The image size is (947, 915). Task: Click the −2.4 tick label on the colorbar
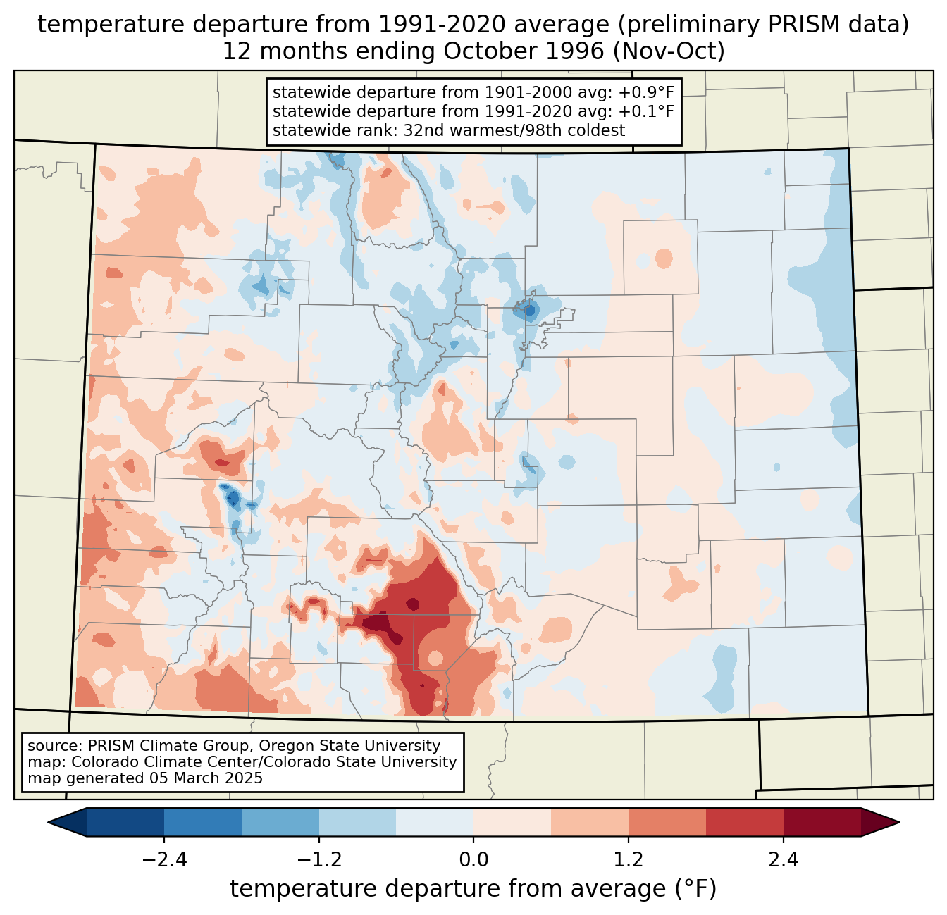164,860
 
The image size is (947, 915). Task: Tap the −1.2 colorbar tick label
318,860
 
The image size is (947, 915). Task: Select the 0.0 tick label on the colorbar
473,860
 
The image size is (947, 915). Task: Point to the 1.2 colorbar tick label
629,860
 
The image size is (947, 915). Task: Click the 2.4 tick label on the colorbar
783,860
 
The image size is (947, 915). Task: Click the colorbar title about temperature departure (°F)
473,889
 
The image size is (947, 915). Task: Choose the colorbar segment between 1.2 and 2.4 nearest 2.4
744,822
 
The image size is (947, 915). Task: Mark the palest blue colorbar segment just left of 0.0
435,822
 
